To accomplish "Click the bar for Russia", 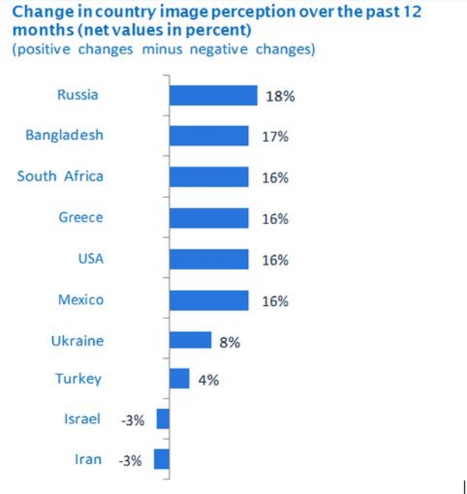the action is pyautogui.click(x=213, y=95).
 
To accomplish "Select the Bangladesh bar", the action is pyautogui.click(x=209, y=136).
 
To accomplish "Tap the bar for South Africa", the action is pyautogui.click(x=209, y=177).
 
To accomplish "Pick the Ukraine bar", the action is pyautogui.click(x=190, y=340).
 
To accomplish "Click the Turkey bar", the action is pyautogui.click(x=180, y=378).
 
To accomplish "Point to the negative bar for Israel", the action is pyautogui.click(x=163, y=419).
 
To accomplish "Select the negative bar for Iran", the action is pyautogui.click(x=162, y=459).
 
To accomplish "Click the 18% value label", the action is pyautogui.click(x=280, y=96).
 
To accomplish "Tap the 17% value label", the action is pyautogui.click(x=275, y=136).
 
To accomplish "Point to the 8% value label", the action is pyautogui.click(x=230, y=342).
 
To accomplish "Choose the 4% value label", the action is pyautogui.click(x=208, y=381).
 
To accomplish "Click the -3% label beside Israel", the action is pyautogui.click(x=133, y=420).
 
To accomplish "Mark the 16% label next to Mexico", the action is pyautogui.click(x=275, y=302).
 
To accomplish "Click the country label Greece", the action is pyautogui.click(x=81, y=218).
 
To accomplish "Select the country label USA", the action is pyautogui.click(x=91, y=258).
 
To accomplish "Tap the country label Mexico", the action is pyautogui.click(x=80, y=299).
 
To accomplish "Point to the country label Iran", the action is pyautogui.click(x=88, y=460).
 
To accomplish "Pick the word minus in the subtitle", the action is pyautogui.click(x=162, y=50).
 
